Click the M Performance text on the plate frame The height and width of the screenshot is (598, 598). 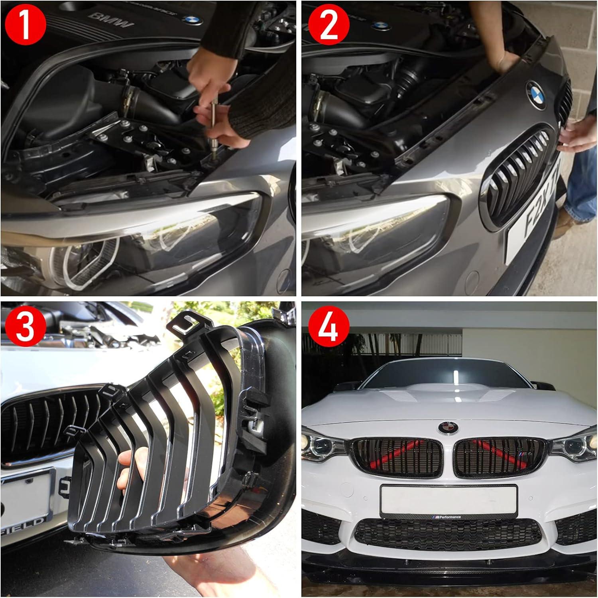coord(448,517)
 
